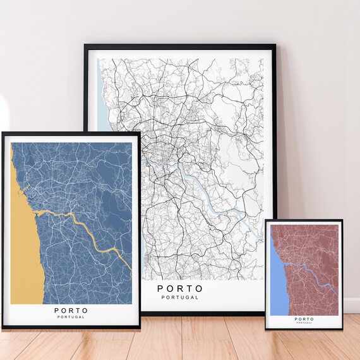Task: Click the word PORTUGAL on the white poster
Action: (x=180, y=297)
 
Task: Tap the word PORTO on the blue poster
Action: (x=71, y=310)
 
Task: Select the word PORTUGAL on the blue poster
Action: (x=71, y=317)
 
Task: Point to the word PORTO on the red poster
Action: (x=303, y=319)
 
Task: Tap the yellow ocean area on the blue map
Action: (x=21, y=253)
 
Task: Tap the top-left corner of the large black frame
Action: (x=85, y=45)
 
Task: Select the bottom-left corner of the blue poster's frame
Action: (x=3, y=329)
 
